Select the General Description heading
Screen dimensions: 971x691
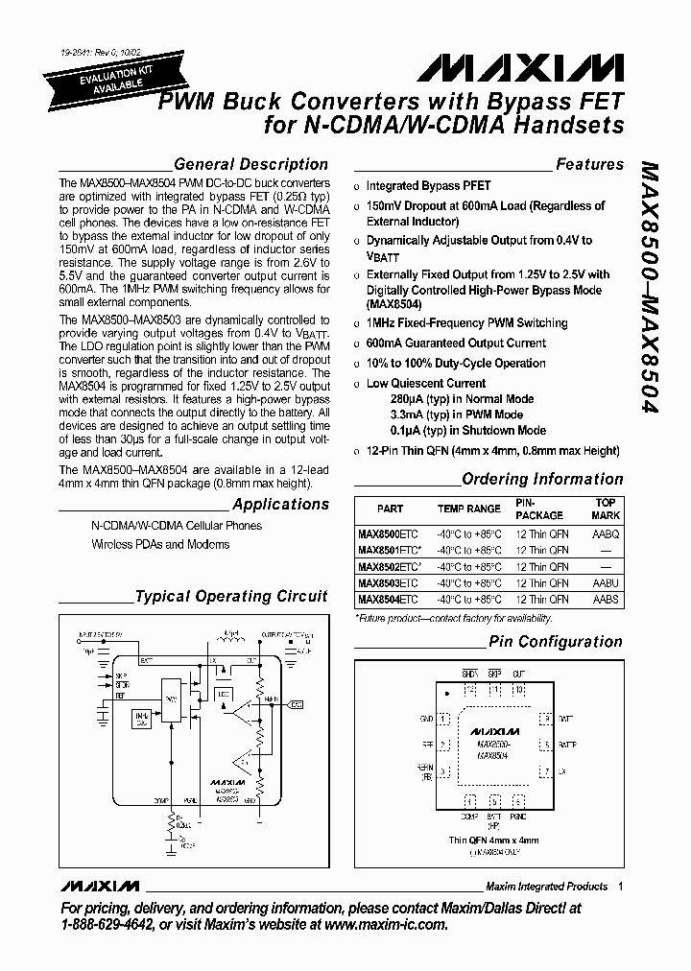coord(250,164)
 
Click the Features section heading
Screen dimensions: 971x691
coord(589,164)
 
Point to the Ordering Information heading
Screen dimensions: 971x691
coord(542,479)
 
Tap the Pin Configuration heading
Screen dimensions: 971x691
coord(556,641)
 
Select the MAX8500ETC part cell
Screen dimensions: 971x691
coord(388,533)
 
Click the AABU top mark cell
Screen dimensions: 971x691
coord(606,582)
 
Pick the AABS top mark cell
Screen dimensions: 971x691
coord(606,599)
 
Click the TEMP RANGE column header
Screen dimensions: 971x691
coord(469,509)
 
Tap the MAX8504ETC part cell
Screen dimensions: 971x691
coord(388,599)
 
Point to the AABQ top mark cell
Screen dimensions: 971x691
coord(606,533)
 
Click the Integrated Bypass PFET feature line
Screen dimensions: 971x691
coord(428,185)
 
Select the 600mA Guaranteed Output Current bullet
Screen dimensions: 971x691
coord(456,343)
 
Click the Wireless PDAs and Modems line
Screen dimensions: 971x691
coord(160,544)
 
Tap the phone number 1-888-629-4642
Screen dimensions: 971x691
coord(106,925)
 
